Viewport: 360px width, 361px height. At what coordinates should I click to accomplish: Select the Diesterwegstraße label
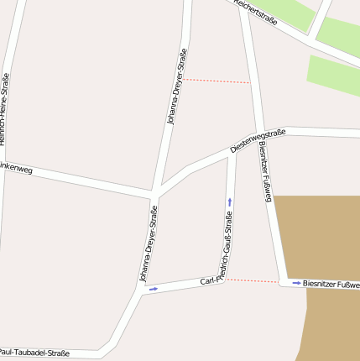[x=258, y=140]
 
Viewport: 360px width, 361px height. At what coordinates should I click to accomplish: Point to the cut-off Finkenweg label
[x=17, y=169]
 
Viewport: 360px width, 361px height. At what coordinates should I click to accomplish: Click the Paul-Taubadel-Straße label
[x=35, y=353]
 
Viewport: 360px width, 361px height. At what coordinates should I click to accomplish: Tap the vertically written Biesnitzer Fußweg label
[x=266, y=172]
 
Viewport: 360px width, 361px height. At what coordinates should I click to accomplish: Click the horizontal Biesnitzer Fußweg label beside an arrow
[x=331, y=285]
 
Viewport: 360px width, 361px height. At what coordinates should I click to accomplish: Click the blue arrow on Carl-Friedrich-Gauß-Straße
[x=230, y=201]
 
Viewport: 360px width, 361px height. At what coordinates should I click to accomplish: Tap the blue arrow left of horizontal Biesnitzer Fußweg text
[x=296, y=284]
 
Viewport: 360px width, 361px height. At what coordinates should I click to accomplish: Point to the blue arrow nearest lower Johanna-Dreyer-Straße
[x=153, y=289]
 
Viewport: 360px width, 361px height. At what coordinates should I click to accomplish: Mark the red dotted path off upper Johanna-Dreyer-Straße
[x=217, y=81]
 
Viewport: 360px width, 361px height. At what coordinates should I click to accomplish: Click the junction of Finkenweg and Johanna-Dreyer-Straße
[x=154, y=194]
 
